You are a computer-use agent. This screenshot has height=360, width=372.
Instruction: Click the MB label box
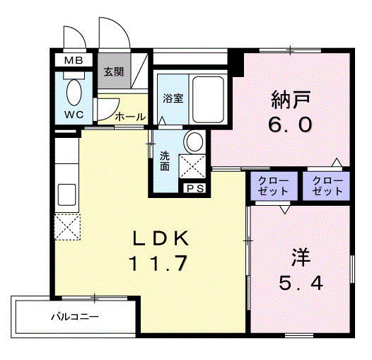coord(74,61)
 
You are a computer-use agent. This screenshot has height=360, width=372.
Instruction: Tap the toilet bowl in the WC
coord(74,93)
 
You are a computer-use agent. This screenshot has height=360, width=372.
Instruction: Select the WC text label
coord(74,115)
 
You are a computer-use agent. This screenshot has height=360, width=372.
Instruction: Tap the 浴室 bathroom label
coord(173,98)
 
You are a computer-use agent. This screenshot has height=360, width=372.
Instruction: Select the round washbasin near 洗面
coord(192,142)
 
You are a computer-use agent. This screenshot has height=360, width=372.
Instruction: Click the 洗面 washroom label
coord(165,161)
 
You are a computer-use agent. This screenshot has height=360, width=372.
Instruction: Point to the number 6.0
coord(290,125)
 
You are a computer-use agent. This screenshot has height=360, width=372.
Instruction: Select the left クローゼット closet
coord(272,187)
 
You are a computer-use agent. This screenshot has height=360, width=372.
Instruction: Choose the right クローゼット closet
coord(327,187)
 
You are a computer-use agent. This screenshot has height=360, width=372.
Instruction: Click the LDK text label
coord(158,239)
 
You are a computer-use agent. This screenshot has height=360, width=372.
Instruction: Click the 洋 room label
coord(298,254)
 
